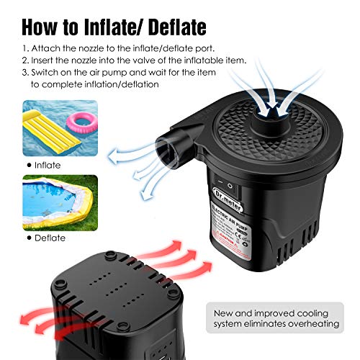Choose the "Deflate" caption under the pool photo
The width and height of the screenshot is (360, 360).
coord(50,237)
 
